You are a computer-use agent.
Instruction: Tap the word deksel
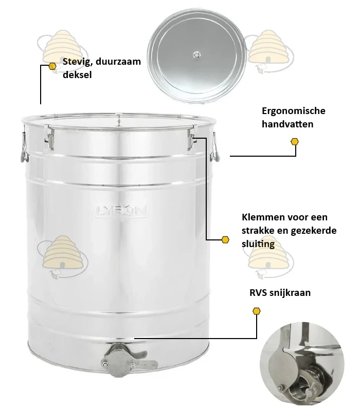click(x=77, y=74)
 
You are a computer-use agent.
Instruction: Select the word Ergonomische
click(x=293, y=111)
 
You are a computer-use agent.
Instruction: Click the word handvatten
click(x=287, y=124)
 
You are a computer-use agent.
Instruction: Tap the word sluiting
click(x=258, y=244)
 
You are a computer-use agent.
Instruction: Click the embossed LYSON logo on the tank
click(x=121, y=211)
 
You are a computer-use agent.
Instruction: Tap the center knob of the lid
click(x=196, y=55)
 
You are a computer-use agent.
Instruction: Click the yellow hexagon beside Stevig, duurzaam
click(x=52, y=66)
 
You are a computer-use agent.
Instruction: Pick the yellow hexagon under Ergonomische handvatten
click(x=295, y=142)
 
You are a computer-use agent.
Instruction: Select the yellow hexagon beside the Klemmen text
click(x=225, y=239)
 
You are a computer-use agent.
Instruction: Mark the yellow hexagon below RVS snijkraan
click(x=256, y=311)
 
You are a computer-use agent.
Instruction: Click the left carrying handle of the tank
click(x=24, y=147)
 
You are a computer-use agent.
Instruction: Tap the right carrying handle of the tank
click(x=214, y=147)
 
